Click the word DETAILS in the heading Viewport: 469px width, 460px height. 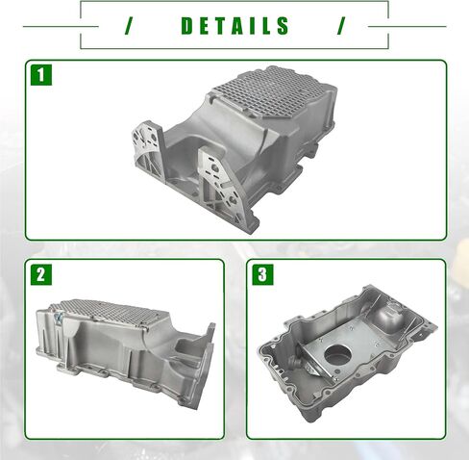pyautogui.click(x=235, y=26)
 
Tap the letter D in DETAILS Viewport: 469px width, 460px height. pyautogui.click(x=187, y=26)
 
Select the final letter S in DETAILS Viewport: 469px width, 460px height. pyautogui.click(x=284, y=26)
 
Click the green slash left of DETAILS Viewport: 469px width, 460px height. pyautogui.click(x=129, y=26)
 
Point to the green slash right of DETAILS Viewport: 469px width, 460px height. pyautogui.click(x=341, y=26)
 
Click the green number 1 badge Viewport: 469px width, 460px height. pyautogui.click(x=41, y=75)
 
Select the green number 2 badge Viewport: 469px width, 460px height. pyautogui.click(x=41, y=274)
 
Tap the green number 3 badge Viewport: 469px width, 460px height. pyautogui.click(x=262, y=274)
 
